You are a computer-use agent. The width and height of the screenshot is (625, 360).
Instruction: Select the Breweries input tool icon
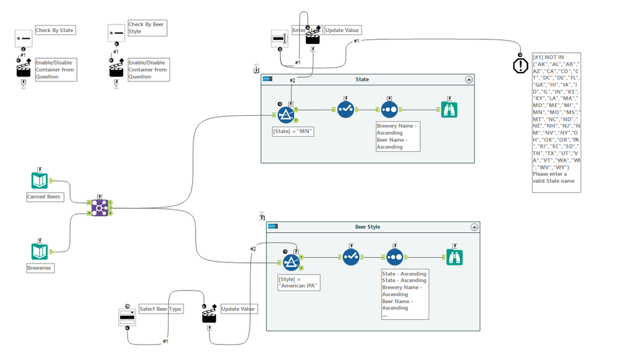point(40,251)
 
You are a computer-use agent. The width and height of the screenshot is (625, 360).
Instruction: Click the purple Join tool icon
point(99,207)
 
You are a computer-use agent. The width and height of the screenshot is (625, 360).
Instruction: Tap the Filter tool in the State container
point(286,113)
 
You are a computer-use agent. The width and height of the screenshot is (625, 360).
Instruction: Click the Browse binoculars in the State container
point(449,108)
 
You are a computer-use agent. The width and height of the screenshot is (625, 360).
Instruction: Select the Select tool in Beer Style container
point(350,257)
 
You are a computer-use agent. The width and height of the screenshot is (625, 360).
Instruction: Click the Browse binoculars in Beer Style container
point(455,257)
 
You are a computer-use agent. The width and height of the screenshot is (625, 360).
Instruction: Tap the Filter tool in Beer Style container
point(291,261)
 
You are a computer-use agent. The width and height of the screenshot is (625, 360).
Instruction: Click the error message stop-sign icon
point(521,65)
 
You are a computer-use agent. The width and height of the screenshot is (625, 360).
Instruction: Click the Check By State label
point(55,30)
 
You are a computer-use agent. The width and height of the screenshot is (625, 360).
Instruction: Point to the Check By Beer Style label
point(146,28)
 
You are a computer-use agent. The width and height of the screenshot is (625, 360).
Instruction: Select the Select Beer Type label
point(160,309)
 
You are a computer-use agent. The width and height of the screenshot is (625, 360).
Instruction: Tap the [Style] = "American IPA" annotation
point(298,282)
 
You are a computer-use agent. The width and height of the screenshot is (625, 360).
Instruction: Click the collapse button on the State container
point(469,80)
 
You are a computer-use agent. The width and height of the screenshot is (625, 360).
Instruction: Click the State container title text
point(362,80)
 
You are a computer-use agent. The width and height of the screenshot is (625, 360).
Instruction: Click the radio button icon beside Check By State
point(24,38)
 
